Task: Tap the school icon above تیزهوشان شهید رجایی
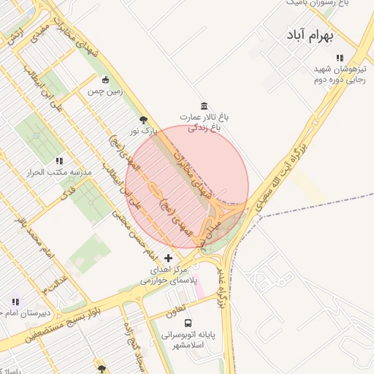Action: coord(339,58)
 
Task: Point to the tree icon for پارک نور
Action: coord(142,120)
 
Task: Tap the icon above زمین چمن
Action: coord(106,80)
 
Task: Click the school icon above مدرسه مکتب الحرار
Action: coord(58,161)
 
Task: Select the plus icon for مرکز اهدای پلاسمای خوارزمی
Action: coord(169,258)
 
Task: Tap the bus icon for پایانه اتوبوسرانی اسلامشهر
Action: coord(188,322)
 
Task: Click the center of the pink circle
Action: coord(187,186)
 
